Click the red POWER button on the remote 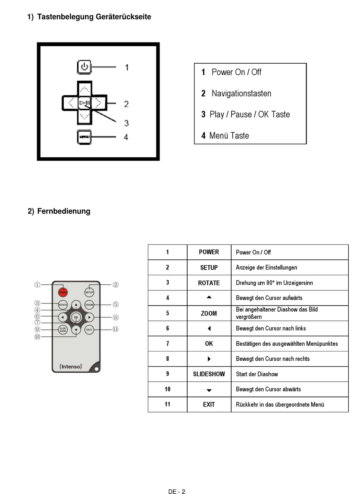click(63, 292)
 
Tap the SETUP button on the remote click(89, 292)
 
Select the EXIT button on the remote click(89, 329)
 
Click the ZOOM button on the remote click(89, 304)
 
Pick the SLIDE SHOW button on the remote click(63, 329)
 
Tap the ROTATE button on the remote click(63, 304)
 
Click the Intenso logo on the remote click(71, 367)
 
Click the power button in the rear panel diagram click(84, 67)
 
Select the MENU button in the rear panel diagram click(84, 137)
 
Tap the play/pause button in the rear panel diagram click(85, 103)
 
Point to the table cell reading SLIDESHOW click(209, 374)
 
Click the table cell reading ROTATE click(209, 283)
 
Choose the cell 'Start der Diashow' click(257, 374)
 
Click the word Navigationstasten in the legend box click(241, 94)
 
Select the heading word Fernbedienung click(64, 211)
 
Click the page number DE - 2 click(177, 492)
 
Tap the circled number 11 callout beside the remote click(116, 329)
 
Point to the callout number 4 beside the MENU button click(126, 137)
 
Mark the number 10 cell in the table click(167, 389)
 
